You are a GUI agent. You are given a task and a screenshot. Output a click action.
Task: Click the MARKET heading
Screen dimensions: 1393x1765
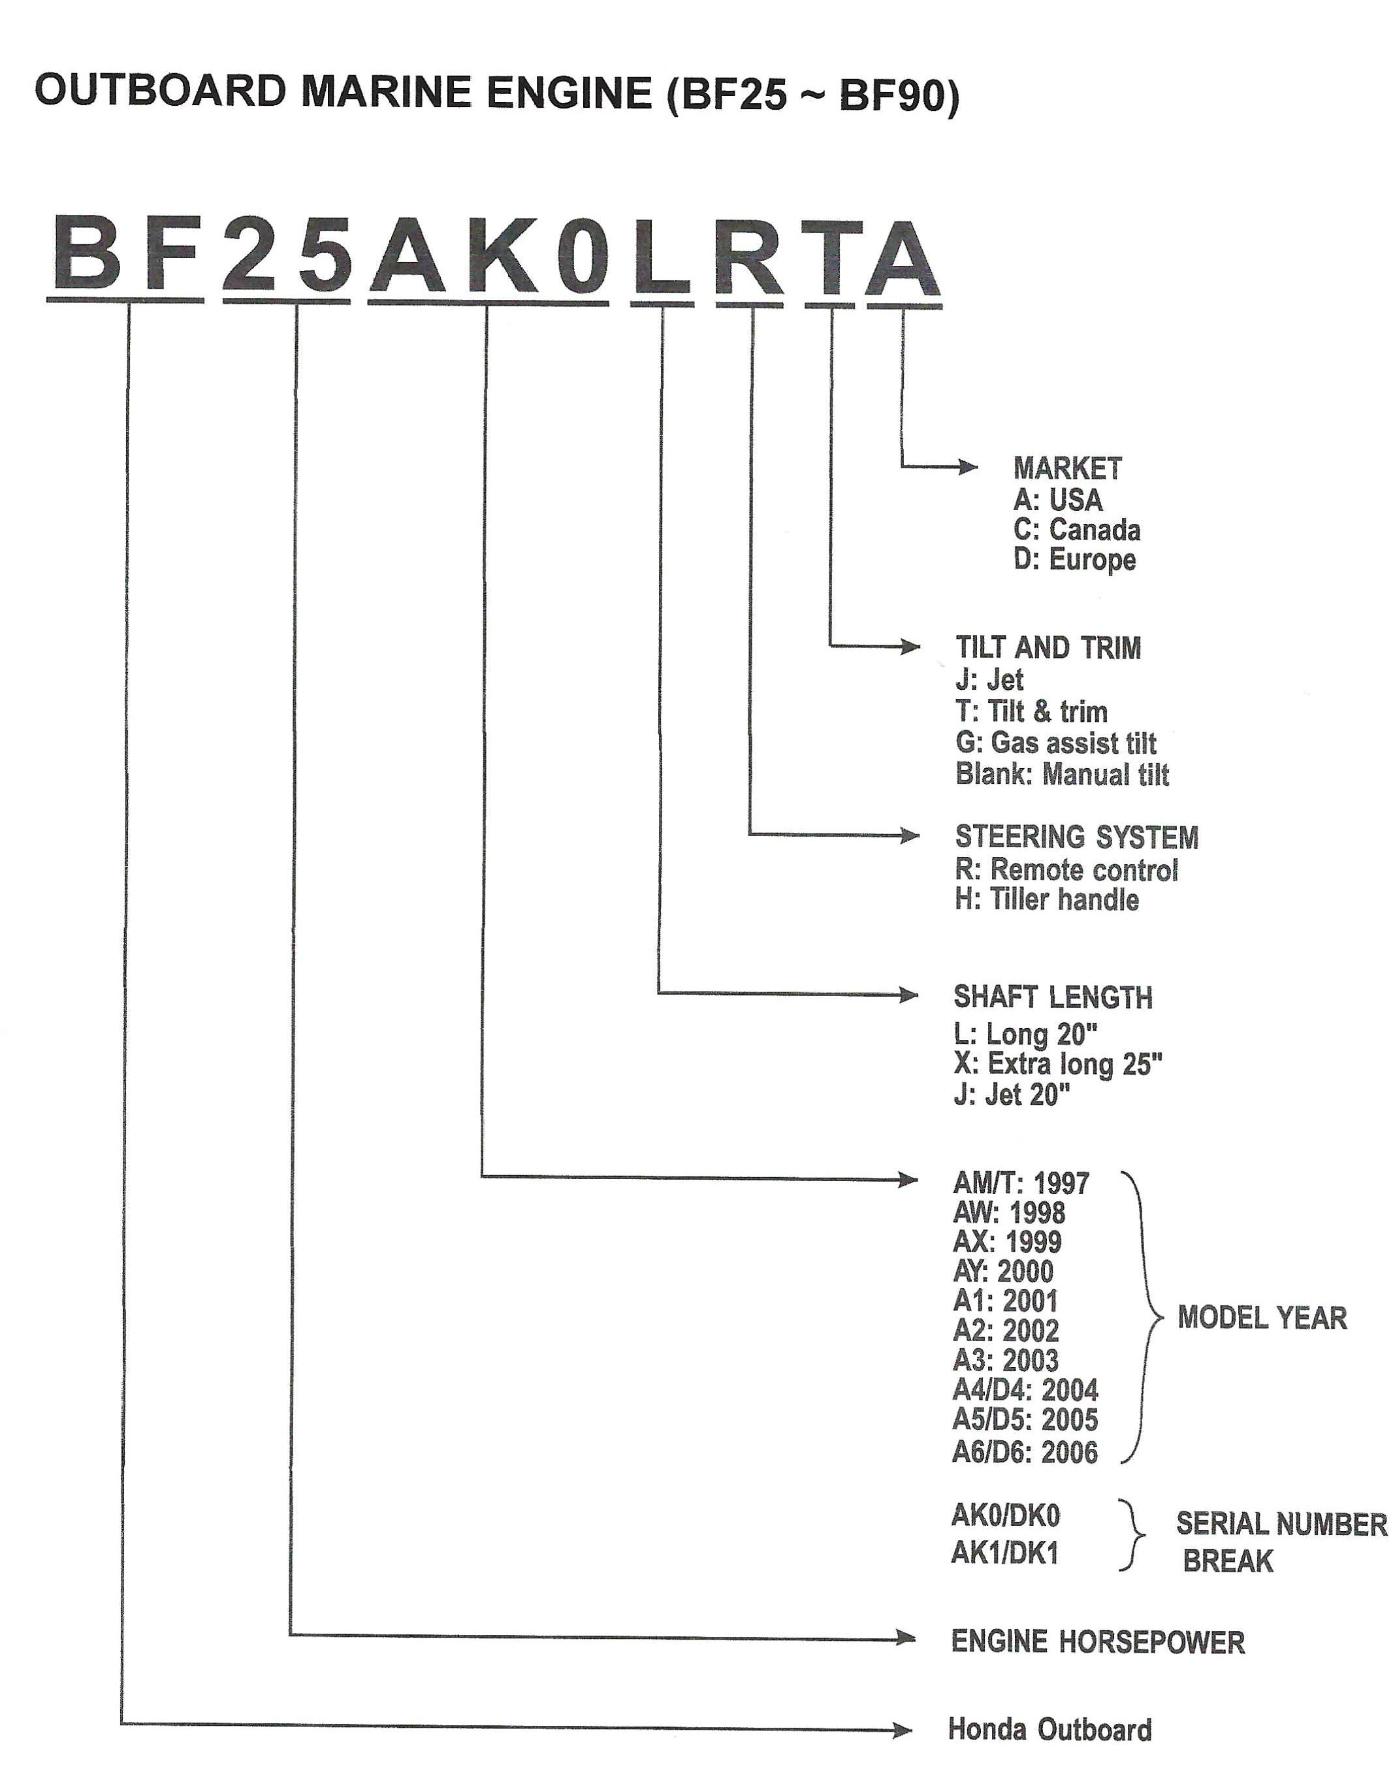point(1068,468)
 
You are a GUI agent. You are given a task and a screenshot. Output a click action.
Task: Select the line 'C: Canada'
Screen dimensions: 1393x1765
point(1076,530)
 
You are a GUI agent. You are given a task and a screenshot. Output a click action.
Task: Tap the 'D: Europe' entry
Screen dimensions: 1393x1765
point(1074,560)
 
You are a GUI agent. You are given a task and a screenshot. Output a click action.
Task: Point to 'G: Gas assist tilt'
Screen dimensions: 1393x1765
point(1055,743)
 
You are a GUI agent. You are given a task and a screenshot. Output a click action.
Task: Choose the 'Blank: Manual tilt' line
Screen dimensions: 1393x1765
point(1062,774)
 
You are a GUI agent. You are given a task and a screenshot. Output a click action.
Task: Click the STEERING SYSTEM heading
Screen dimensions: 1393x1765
point(1076,837)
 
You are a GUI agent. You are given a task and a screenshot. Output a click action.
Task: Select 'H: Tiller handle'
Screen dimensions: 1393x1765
point(1047,899)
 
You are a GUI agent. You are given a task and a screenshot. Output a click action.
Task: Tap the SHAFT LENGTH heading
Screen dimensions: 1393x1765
point(1053,997)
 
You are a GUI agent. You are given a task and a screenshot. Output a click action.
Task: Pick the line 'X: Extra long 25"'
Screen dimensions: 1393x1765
point(1058,1063)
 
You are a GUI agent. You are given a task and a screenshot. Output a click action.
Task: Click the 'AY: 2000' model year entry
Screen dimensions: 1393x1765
point(1003,1271)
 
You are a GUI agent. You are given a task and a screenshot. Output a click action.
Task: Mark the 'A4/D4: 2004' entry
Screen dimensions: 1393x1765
point(1025,1390)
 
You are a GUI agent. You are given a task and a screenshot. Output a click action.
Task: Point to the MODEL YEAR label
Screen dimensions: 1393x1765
point(1262,1318)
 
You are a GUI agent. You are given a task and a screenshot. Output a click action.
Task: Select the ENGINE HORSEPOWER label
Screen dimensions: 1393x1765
point(1098,1642)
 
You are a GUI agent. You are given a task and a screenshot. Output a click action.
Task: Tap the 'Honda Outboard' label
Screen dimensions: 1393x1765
point(1049,1730)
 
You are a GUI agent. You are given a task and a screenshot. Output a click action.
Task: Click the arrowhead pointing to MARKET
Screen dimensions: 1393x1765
point(968,467)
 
